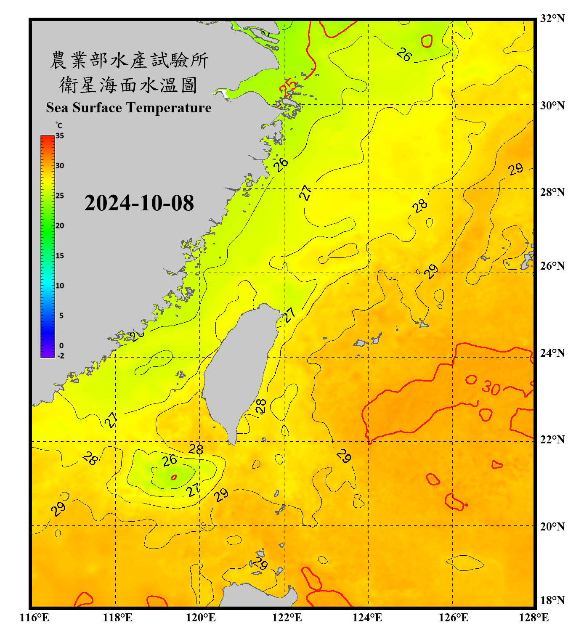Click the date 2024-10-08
[x=139, y=203]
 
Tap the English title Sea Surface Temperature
[x=129, y=108]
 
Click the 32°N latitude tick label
[x=552, y=19]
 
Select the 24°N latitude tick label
[x=552, y=353]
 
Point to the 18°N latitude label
[x=552, y=600]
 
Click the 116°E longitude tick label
[x=35, y=618]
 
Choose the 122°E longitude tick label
[x=287, y=618]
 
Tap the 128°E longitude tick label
[x=533, y=618]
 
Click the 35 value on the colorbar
[x=60, y=136]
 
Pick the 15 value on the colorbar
[x=60, y=256]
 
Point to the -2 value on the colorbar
[x=61, y=356]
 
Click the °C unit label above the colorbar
[x=59, y=125]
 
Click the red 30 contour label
[x=491, y=387]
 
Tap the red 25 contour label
[x=288, y=87]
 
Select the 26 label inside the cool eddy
[x=170, y=461]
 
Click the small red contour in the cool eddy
[x=174, y=477]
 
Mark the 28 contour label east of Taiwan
[x=261, y=406]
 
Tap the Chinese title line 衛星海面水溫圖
[x=128, y=85]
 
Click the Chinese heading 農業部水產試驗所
[x=129, y=60]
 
